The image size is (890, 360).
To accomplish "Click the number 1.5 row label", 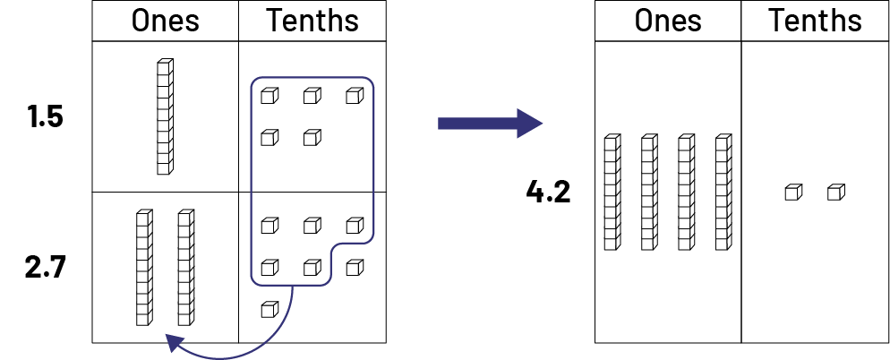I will coord(45,116).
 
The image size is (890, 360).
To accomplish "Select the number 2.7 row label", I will coord(45,267).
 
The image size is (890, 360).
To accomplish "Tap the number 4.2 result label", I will coord(548,192).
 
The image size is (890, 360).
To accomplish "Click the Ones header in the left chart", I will coord(165,21).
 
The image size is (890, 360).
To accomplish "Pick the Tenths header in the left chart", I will coord(312,21).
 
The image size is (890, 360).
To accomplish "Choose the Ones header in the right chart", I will coord(668,21).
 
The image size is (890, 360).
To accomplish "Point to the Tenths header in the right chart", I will coord(815,21).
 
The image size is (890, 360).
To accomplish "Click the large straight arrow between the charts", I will coord(489,123).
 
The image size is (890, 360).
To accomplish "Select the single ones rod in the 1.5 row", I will coord(165,116).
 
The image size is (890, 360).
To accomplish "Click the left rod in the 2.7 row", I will coord(143,266).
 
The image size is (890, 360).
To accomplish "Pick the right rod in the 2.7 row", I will coord(185,266).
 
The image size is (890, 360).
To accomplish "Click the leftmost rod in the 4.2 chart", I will coord(612,192).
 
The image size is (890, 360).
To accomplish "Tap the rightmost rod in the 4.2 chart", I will coord(723,192).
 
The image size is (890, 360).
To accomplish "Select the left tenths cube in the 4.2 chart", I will coord(792,192).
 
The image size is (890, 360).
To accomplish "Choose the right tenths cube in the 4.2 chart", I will coord(835,192).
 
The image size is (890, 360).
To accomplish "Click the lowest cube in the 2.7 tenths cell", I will coord(269,310).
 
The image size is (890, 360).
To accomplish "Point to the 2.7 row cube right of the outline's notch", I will coord(355,267).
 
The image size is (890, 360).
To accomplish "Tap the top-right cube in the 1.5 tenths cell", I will coord(355,95).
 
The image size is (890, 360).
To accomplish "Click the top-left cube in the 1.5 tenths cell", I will coord(269,95).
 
